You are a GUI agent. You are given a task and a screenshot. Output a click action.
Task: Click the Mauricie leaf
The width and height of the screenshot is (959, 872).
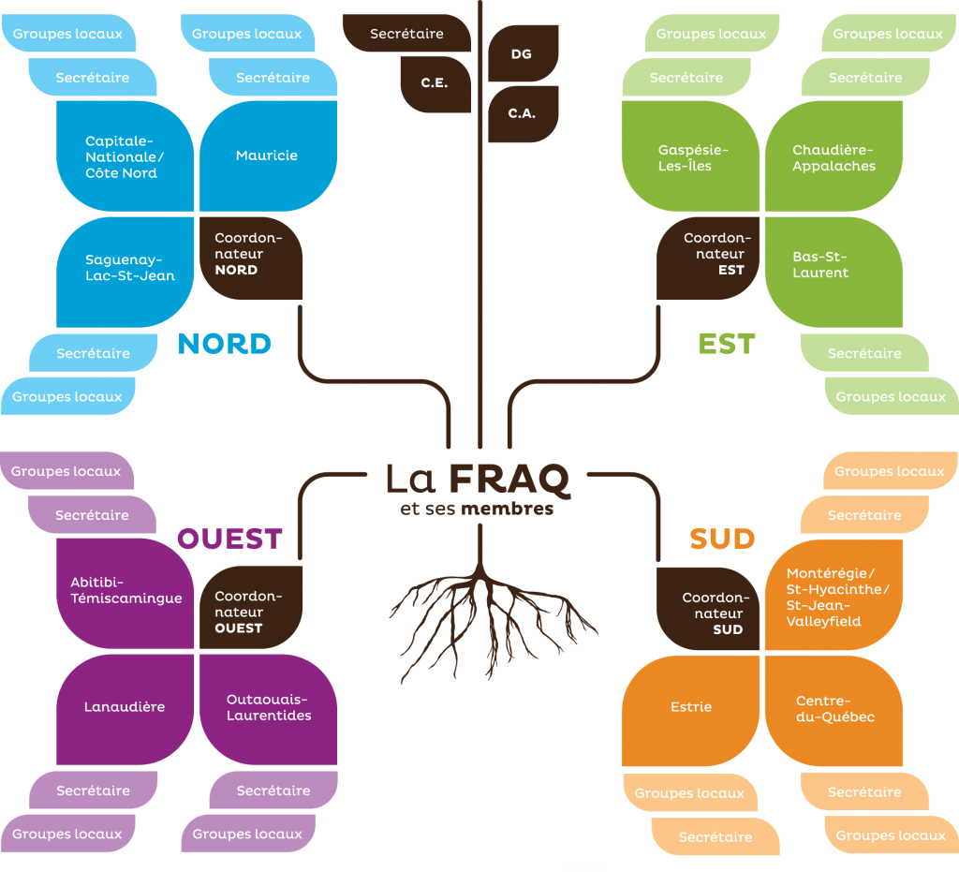pyautogui.click(x=268, y=155)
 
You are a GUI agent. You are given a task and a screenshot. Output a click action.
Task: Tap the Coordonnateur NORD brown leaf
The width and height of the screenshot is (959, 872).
pyautogui.click(x=248, y=256)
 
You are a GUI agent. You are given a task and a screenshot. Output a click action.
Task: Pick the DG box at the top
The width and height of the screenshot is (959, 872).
pyautogui.click(x=523, y=53)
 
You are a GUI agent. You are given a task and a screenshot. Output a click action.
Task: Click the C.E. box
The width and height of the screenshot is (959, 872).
pyautogui.click(x=435, y=83)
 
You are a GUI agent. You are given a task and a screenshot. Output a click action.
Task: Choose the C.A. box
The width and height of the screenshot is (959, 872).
pyautogui.click(x=523, y=113)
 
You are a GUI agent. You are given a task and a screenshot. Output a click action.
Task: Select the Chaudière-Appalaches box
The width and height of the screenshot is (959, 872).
pyautogui.click(x=834, y=156)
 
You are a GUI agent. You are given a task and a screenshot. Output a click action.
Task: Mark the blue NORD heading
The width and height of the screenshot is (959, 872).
pyautogui.click(x=225, y=344)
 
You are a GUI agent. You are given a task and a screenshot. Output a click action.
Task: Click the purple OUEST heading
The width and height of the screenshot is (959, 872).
pyautogui.click(x=229, y=539)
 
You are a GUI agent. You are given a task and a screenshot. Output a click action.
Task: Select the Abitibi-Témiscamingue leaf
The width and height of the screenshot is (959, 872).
pyautogui.click(x=125, y=592)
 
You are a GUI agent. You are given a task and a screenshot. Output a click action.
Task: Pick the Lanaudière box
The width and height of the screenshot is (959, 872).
pyautogui.click(x=125, y=708)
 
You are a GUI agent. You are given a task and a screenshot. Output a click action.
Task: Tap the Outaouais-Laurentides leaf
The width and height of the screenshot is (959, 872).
pyautogui.click(x=268, y=708)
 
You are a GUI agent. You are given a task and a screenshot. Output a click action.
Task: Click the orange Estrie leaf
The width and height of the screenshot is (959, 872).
pyautogui.click(x=691, y=708)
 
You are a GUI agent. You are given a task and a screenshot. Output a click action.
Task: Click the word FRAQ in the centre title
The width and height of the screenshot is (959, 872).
pyautogui.click(x=509, y=480)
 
